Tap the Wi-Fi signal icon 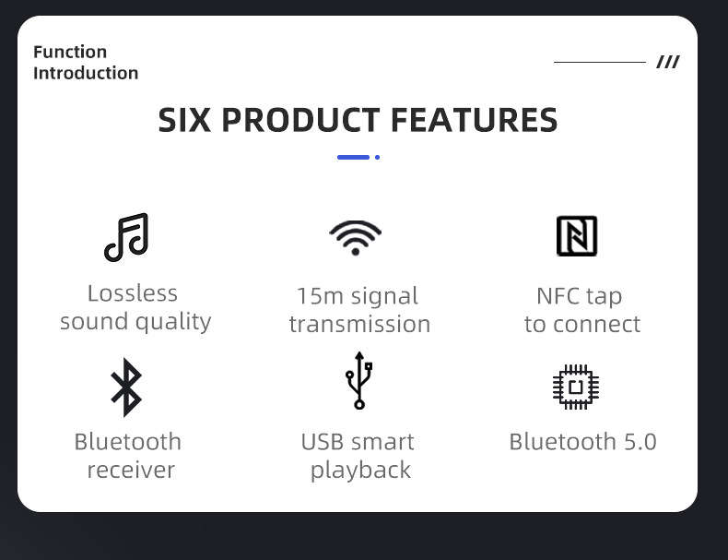click(x=355, y=237)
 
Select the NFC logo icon click(x=577, y=236)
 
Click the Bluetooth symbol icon click(x=126, y=387)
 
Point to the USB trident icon click(x=358, y=380)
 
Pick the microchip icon click(x=576, y=387)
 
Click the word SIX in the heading click(x=184, y=120)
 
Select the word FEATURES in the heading click(x=474, y=120)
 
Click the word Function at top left click(x=70, y=52)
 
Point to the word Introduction click(x=86, y=73)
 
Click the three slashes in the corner click(x=668, y=62)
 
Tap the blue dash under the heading click(x=353, y=158)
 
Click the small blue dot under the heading click(x=378, y=158)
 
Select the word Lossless click(x=133, y=293)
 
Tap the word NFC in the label click(x=553, y=296)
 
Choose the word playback click(x=360, y=471)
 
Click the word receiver click(x=132, y=470)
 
